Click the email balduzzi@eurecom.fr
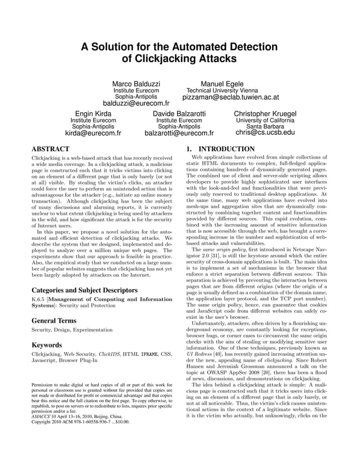pos(136,104)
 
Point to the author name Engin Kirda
pos(93,113)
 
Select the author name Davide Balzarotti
pos(179,113)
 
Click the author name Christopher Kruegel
pos(265,113)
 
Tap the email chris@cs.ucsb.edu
pos(265,133)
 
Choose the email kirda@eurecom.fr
pos(93,134)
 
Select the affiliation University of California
pos(265,120)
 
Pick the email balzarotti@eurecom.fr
pos(179,134)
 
